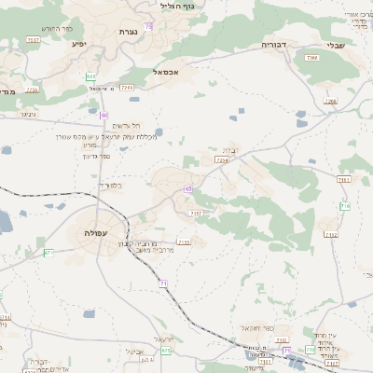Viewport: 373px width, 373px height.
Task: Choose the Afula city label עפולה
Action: (97, 232)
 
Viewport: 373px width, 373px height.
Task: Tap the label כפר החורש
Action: (58, 29)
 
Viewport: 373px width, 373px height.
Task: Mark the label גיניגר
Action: (28, 115)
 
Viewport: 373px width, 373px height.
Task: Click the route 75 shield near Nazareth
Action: (148, 25)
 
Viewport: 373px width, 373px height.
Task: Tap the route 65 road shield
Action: (188, 189)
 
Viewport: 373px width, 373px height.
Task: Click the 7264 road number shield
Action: (221, 160)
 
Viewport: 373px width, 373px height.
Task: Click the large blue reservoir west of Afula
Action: (3, 221)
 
